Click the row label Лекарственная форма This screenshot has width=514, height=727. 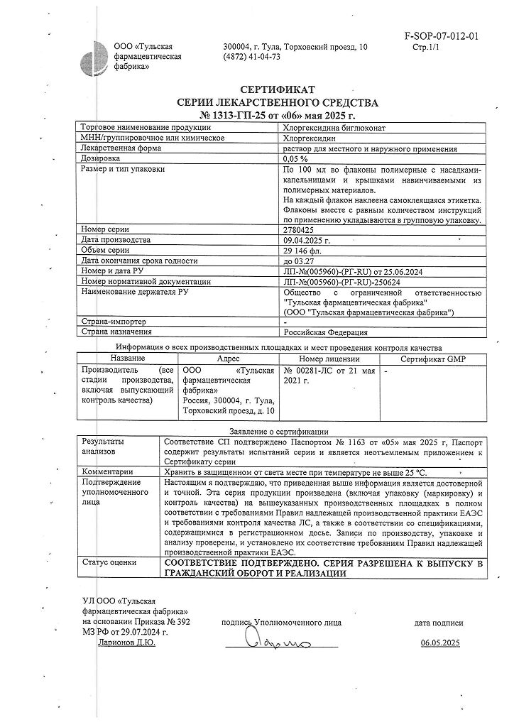pyautogui.click(x=125, y=148)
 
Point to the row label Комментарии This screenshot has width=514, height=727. pyautogui.click(x=107, y=471)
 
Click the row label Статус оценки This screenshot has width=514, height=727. pyautogui.click(x=109, y=562)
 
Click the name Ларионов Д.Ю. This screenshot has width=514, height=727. pyautogui.click(x=124, y=643)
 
